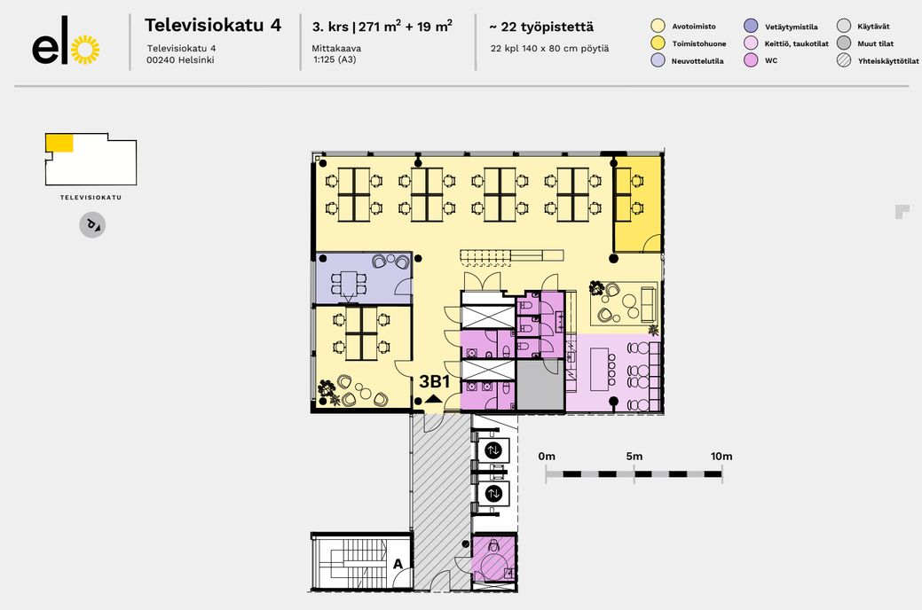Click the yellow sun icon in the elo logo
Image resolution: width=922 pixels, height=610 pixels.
[85, 50]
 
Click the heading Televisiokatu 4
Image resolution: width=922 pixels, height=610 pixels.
[213, 25]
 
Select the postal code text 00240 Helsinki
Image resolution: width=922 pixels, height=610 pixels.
[180, 59]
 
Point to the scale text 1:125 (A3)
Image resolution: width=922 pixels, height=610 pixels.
[335, 59]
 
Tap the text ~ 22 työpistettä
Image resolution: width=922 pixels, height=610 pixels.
[541, 27]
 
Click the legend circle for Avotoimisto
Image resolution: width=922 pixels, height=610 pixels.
[658, 26]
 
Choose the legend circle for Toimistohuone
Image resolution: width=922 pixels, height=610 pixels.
[658, 43]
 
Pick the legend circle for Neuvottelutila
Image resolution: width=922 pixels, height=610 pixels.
[658, 60]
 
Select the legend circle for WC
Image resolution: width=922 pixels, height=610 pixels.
[751, 60]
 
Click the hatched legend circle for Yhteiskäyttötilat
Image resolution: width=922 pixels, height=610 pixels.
[844, 60]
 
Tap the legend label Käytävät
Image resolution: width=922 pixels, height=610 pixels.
[873, 27]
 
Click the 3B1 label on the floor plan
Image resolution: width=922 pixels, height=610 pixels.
[435, 381]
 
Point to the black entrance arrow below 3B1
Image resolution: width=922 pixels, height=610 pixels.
[434, 398]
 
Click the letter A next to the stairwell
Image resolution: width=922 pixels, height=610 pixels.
[398, 564]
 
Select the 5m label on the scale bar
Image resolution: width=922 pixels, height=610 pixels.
[634, 456]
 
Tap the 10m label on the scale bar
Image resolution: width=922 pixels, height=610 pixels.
[721, 456]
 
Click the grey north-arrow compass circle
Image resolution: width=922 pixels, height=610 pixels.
[92, 225]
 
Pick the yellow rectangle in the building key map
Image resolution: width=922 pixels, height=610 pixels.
[59, 143]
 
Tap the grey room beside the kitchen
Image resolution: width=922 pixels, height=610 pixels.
[540, 386]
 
